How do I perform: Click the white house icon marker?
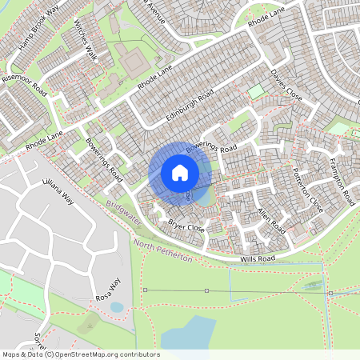click(x=180, y=173)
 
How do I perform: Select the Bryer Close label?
click(x=186, y=227)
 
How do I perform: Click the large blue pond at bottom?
click(x=190, y=330)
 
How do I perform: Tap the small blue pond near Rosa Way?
click(x=117, y=306)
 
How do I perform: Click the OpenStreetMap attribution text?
click(x=80, y=354)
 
